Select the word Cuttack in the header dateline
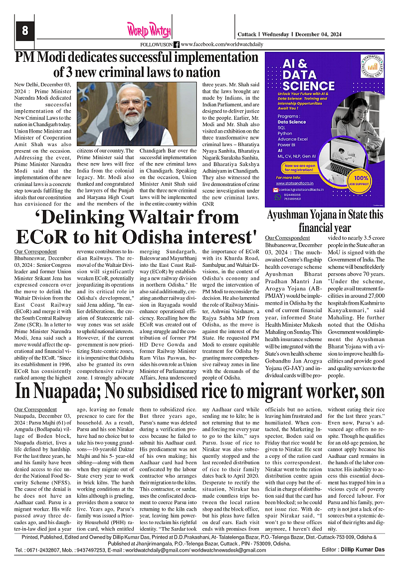pos(246,34)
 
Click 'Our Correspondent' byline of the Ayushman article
pos(287,238)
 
